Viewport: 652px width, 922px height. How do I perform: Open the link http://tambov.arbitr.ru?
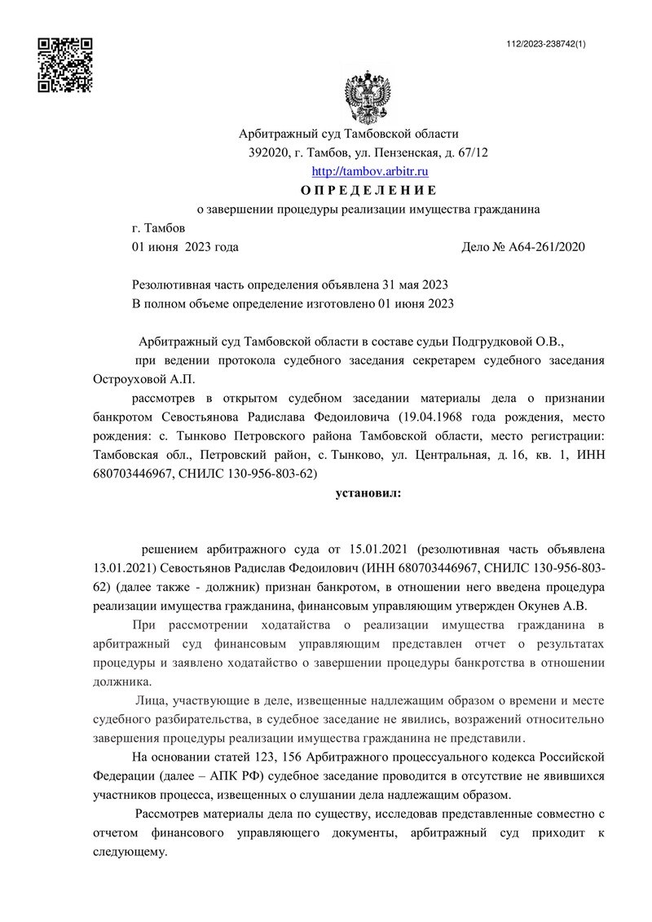(x=371, y=172)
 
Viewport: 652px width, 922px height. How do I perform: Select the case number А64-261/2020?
(x=548, y=246)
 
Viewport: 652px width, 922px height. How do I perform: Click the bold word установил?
(x=368, y=492)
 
